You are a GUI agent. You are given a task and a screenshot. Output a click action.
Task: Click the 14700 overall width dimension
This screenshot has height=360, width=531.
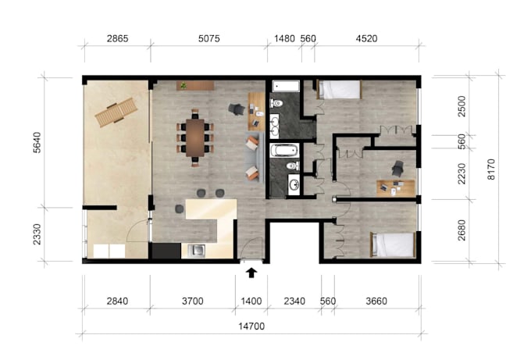(x=251, y=326)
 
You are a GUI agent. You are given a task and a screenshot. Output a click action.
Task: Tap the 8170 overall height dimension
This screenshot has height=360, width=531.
(x=491, y=169)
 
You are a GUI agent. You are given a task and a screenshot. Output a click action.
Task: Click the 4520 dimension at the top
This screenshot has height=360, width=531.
(x=367, y=37)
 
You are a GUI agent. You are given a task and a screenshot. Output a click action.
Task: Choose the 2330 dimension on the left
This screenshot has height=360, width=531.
(x=37, y=233)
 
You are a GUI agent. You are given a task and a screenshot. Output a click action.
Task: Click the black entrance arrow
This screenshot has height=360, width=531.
(x=251, y=273)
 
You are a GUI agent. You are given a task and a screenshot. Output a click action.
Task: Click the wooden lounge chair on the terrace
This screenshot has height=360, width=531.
(x=112, y=114)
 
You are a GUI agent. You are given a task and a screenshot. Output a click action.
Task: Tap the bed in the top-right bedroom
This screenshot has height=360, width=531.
(x=340, y=89)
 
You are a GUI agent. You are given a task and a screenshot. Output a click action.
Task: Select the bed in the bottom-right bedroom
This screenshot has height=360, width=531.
(x=393, y=245)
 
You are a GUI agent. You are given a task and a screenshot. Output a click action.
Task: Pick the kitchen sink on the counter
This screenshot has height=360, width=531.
(x=196, y=251)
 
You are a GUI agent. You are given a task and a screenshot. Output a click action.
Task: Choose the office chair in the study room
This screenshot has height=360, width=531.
(x=398, y=167)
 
